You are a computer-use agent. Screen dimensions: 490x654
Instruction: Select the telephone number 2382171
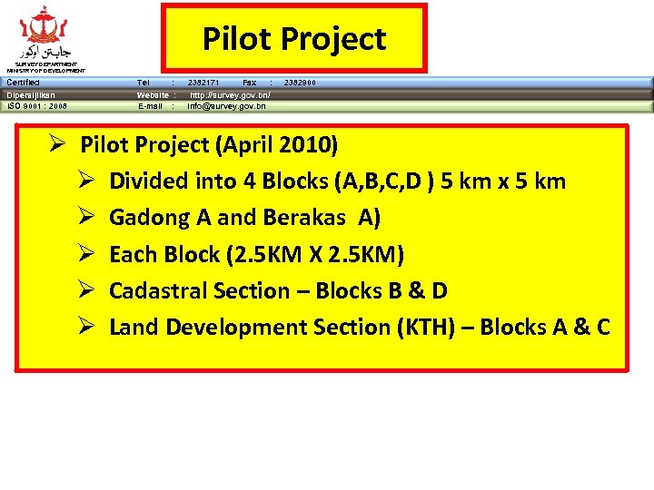coord(203,83)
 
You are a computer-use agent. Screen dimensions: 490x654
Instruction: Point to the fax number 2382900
coord(301,83)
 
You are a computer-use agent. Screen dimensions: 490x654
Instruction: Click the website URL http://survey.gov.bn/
coord(230,94)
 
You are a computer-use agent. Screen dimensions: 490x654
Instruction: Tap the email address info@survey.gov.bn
coord(227,106)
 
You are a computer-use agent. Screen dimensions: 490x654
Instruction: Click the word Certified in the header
coord(24,83)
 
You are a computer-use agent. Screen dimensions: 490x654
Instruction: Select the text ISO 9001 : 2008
coord(37,106)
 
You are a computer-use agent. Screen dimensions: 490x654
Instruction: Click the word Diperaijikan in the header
coord(31,94)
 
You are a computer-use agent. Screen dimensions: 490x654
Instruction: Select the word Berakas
coord(304,218)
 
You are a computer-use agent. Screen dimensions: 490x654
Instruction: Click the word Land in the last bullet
coord(133,327)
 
